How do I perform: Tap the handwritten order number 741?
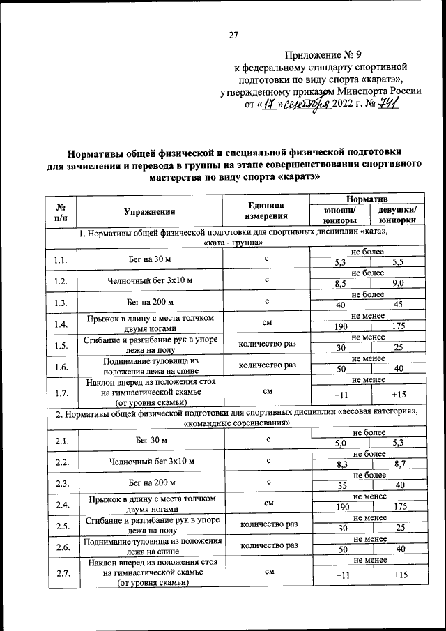point(388,105)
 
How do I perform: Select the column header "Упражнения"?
point(149,211)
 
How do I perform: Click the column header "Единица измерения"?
point(266,211)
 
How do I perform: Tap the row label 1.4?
point(60,325)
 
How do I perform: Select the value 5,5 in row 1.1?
point(399,262)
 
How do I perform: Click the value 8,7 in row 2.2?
point(399,463)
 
